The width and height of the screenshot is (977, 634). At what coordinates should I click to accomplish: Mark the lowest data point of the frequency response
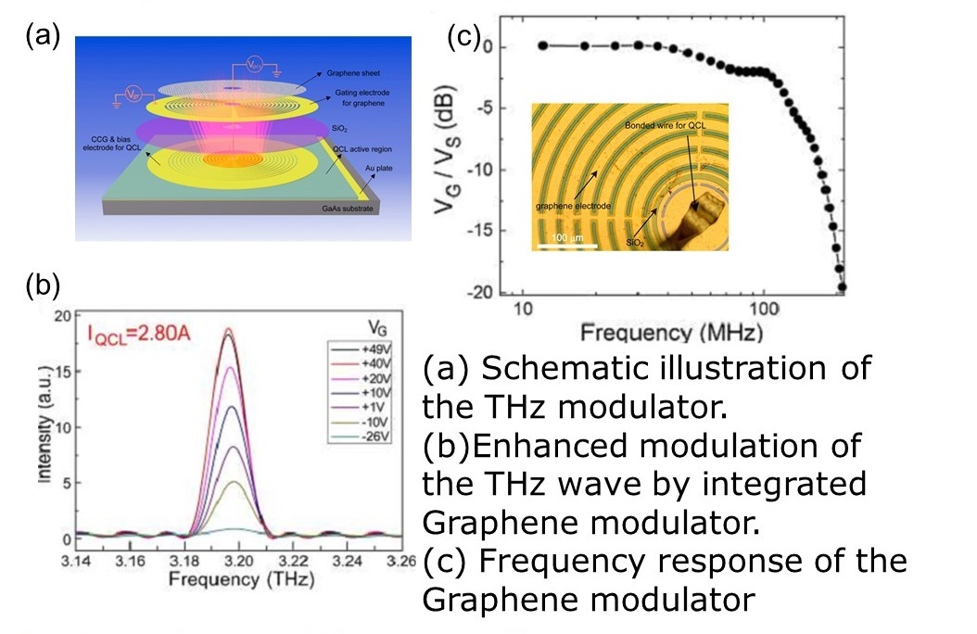[x=842, y=286]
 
